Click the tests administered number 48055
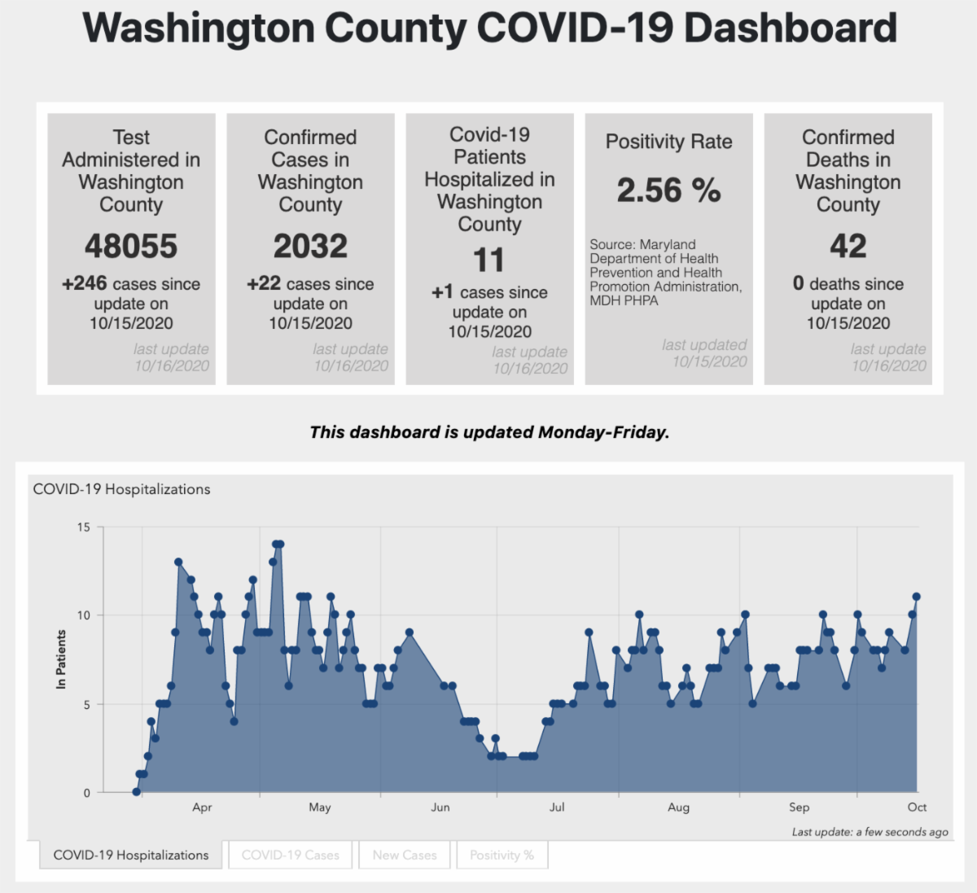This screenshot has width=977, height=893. click(x=131, y=246)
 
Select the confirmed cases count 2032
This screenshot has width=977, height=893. click(x=310, y=246)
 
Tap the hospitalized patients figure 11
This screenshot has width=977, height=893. click(x=489, y=260)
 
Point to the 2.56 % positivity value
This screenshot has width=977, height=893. click(x=668, y=190)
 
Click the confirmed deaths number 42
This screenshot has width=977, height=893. click(x=848, y=246)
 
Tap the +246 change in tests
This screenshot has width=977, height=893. click(x=85, y=283)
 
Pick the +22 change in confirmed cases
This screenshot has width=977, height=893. click(x=264, y=283)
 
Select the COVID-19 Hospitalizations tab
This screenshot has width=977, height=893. click(x=131, y=855)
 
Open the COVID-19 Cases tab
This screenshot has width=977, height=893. click(x=291, y=855)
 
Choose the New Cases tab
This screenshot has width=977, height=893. click(x=405, y=855)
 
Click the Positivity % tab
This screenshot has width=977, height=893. click(x=502, y=855)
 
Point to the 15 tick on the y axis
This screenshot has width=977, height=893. click(x=84, y=527)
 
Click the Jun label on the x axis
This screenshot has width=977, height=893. click(x=440, y=808)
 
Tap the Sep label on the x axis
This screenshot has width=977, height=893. click(x=799, y=808)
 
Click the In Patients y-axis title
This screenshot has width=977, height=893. click(x=61, y=659)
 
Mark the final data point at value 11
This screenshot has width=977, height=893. click(x=917, y=597)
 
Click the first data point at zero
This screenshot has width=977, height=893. click(x=136, y=792)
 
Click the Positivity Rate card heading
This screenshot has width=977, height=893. click(x=668, y=142)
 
